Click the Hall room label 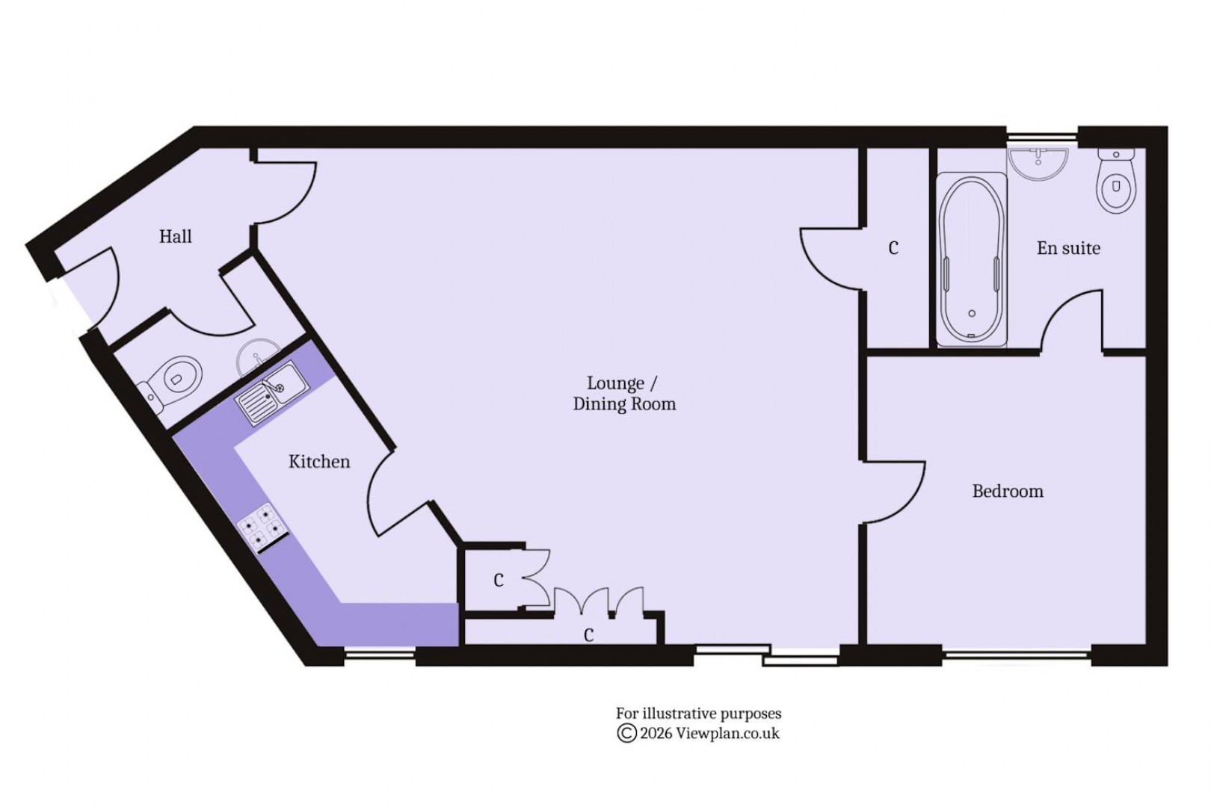175,237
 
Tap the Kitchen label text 319,462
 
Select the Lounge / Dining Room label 623,394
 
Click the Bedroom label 1007,492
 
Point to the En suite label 1067,248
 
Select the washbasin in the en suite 1038,163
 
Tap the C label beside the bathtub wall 893,248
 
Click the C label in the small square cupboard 499,581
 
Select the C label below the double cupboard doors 588,635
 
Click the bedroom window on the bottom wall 1017,656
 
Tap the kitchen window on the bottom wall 380,656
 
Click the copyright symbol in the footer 626,734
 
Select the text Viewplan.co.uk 727,734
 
